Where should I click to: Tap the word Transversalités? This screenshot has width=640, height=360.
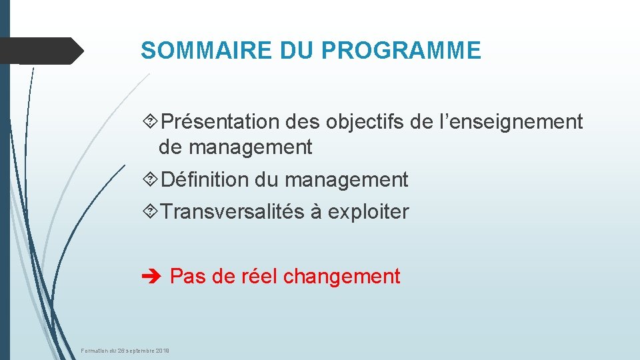(x=233, y=212)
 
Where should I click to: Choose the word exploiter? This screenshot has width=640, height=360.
(x=369, y=212)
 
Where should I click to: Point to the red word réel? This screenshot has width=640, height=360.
(x=259, y=276)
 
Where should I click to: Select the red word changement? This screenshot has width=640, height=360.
(x=341, y=276)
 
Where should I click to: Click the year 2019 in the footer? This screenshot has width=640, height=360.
(x=162, y=351)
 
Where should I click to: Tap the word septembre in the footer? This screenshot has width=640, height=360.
(x=137, y=351)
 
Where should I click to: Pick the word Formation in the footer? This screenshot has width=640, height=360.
(x=95, y=351)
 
